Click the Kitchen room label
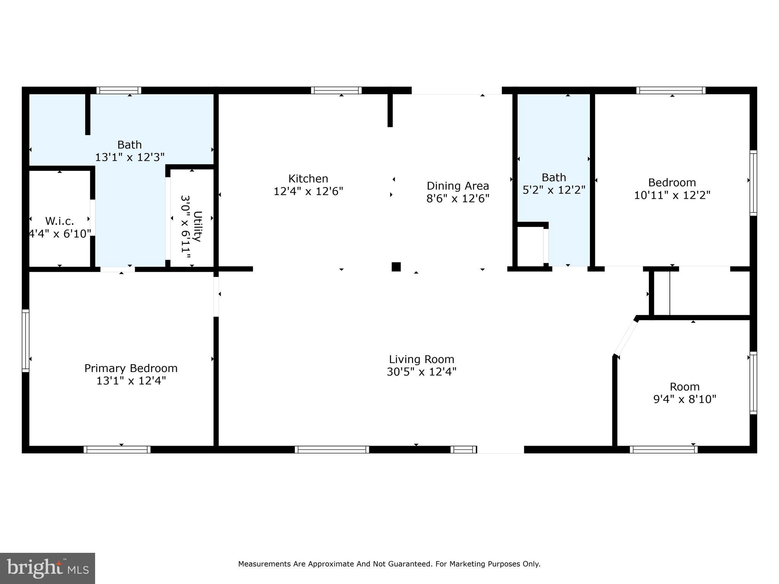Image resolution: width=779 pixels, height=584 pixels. [x=308, y=179]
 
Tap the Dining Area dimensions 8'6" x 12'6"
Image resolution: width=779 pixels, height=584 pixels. [x=458, y=198]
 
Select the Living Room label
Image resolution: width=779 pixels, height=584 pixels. [x=421, y=359]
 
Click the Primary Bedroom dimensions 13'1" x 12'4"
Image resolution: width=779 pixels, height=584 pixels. [x=131, y=381]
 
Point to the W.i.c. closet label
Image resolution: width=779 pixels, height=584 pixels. [x=60, y=221]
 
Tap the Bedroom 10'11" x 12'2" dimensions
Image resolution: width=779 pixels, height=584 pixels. [x=672, y=195]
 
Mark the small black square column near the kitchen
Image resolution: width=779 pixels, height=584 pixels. [x=396, y=267]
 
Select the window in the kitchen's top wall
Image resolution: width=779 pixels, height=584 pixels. [x=336, y=90]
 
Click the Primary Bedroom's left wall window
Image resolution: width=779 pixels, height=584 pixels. [x=25, y=340]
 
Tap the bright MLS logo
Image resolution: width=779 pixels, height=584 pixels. [x=47, y=568]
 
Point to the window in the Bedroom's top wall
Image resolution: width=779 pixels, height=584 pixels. [x=671, y=90]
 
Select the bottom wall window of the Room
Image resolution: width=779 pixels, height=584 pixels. [x=663, y=449]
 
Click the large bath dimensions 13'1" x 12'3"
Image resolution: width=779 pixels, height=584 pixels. [x=130, y=157]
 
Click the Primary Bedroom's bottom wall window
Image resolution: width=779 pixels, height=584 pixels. [x=117, y=449]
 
